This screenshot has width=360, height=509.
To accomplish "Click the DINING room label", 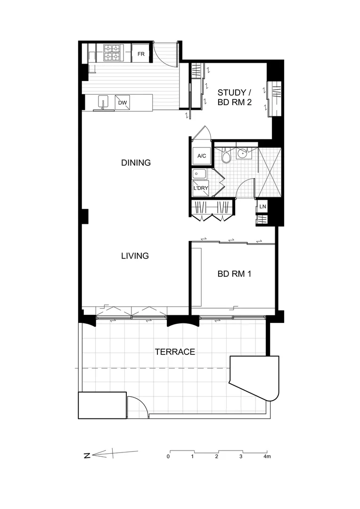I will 136,163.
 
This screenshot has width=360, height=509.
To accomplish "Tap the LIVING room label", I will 135,256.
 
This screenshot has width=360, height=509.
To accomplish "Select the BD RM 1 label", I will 234,273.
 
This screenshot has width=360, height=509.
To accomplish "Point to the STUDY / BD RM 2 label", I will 234,97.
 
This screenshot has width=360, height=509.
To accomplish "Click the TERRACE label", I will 175,352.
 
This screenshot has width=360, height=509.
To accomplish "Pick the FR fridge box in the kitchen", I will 141,54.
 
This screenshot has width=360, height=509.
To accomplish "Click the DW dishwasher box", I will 123,102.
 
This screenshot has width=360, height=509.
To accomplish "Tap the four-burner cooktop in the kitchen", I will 112,52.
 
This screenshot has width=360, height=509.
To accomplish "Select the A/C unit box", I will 201,156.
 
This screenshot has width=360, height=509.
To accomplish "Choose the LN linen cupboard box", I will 262,206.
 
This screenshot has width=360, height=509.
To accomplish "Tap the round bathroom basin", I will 243,153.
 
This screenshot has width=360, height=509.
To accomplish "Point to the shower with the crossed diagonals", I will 270,172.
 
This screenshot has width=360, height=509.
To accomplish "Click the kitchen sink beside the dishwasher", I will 103,102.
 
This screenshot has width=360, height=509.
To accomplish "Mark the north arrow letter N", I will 87,455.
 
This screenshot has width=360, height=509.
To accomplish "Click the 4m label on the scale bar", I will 267,456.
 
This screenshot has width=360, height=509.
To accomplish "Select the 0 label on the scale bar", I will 168,456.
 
